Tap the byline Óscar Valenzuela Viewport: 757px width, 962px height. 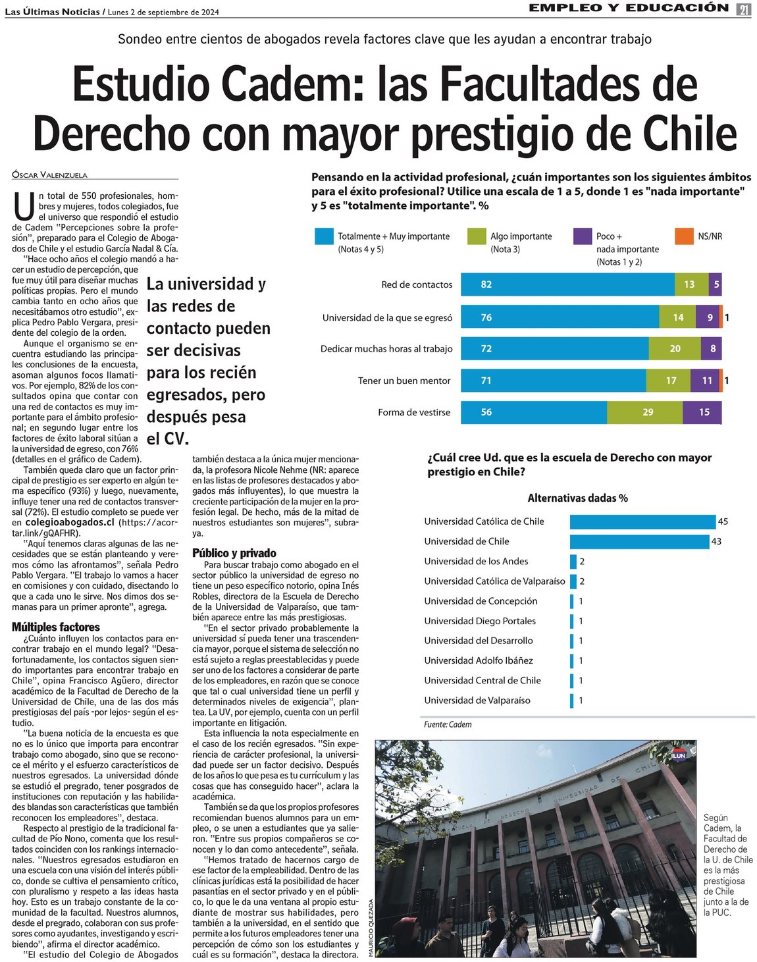click(x=49, y=175)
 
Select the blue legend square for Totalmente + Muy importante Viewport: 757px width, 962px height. click(x=324, y=236)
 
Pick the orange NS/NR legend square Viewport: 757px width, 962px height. click(x=684, y=236)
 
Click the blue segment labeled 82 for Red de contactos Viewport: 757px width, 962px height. click(x=567, y=284)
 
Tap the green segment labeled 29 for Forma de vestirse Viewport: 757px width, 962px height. click(x=648, y=412)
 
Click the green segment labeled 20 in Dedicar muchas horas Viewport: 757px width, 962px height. click(x=675, y=349)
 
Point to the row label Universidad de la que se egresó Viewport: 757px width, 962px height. click(x=387, y=317)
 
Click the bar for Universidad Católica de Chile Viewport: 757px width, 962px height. click(x=642, y=521)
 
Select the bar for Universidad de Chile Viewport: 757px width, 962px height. click(x=639, y=541)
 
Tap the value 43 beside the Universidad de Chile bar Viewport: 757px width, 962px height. click(x=716, y=541)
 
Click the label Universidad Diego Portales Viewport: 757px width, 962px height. click(x=480, y=621)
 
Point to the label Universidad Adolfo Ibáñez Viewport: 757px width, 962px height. click(x=479, y=660)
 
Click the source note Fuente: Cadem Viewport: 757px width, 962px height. click(x=448, y=724)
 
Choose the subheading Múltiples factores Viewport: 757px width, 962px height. click(x=56, y=627)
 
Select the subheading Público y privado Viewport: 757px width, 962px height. click(x=234, y=553)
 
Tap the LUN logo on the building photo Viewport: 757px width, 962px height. click(x=679, y=755)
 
